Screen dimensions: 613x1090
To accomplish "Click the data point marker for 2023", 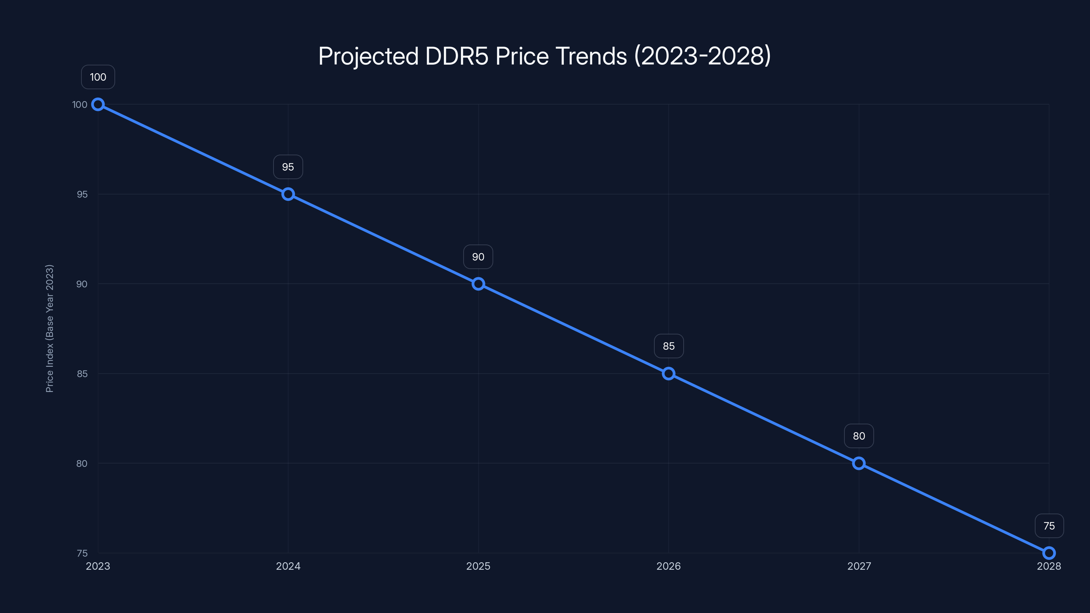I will point(98,104).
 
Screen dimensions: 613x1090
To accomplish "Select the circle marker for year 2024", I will point(288,194).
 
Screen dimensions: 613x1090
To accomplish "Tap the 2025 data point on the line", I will point(478,284).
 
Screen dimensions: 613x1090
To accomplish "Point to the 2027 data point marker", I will point(858,463).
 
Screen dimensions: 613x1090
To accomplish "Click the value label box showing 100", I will point(98,77).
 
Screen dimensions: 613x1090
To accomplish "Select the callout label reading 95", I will point(288,167).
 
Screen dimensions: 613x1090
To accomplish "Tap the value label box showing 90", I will point(478,257).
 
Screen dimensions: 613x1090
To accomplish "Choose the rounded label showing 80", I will point(858,436).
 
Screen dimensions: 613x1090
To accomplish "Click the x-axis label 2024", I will point(288,566).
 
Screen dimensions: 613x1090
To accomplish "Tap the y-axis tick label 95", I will point(82,194).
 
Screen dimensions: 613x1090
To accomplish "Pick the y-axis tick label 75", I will point(82,553).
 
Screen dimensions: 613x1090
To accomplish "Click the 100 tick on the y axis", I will point(80,105).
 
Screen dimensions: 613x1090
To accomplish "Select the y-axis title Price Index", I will point(49,328).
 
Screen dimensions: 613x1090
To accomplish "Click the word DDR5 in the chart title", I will point(456,56).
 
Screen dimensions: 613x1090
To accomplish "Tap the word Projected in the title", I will point(368,56).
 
